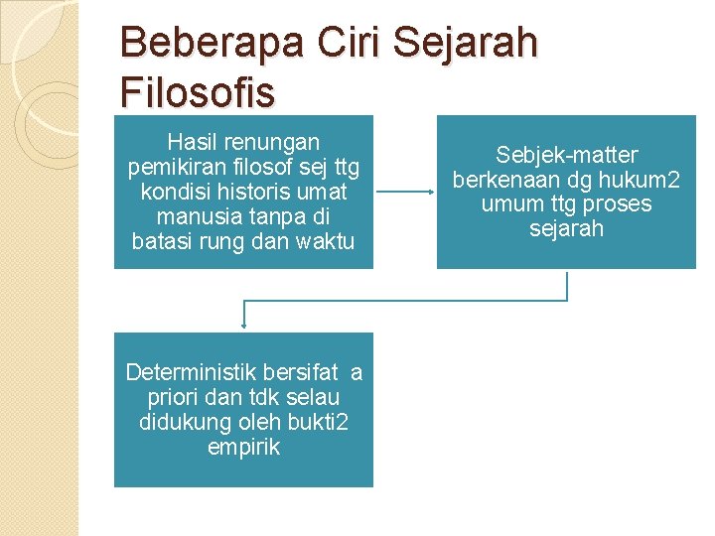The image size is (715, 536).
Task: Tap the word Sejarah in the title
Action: tap(466, 44)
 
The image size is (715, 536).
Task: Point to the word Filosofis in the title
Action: tap(197, 92)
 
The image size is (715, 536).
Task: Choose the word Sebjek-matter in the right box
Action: tap(567, 156)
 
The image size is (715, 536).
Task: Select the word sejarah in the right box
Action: tap(567, 229)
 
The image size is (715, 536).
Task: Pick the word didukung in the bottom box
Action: tap(182, 423)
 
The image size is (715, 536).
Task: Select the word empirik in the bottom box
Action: tap(243, 448)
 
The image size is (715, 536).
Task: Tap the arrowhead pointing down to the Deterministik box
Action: tap(243, 320)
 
